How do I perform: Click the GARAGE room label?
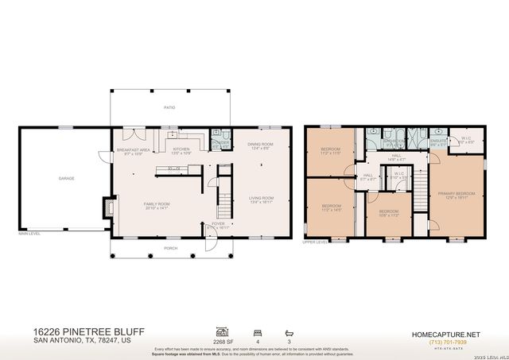tap(66, 178)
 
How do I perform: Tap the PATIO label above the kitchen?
tap(169, 106)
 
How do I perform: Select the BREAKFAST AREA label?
tap(134, 149)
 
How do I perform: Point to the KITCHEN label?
tap(182, 149)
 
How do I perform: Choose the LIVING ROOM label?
tap(262, 199)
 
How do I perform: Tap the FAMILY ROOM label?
tap(157, 204)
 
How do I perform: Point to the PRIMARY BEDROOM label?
tap(457, 194)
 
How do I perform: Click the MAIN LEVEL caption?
tap(30, 233)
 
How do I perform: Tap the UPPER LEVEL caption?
tap(315, 242)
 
